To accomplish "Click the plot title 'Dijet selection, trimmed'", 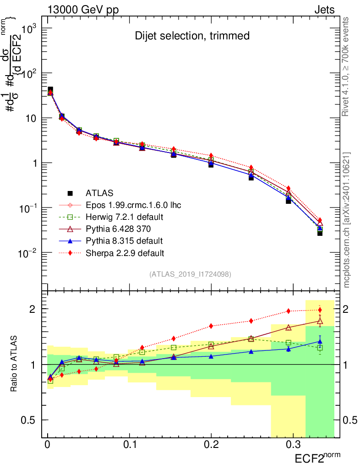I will [192, 36].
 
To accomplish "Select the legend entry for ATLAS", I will [99, 193].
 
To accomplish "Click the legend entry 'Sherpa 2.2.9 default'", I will [125, 252].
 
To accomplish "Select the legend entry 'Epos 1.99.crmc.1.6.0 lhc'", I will [133, 205].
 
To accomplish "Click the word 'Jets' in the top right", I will [324, 10].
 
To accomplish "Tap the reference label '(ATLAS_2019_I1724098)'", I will [190, 274].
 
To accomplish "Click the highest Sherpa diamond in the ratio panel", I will [320, 310].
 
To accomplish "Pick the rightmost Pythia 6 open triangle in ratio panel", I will [320, 321].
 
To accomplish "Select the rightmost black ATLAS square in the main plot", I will [320, 233].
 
